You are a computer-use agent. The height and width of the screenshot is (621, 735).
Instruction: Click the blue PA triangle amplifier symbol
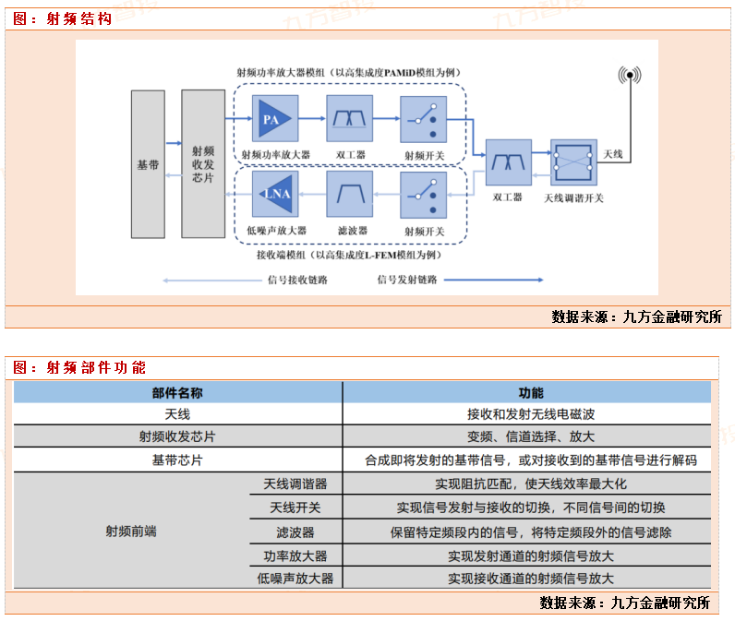click(273, 121)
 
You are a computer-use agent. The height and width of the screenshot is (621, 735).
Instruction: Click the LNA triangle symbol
click(274, 194)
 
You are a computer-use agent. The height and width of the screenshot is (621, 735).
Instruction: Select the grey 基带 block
click(148, 164)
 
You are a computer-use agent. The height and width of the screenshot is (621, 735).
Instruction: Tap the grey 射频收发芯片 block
click(203, 164)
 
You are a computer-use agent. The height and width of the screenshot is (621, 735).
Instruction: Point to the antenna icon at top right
click(630, 75)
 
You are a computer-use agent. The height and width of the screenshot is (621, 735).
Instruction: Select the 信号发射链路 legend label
click(407, 279)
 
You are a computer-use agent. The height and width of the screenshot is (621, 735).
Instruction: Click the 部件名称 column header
click(177, 392)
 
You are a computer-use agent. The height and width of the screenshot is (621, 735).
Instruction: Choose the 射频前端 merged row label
click(131, 531)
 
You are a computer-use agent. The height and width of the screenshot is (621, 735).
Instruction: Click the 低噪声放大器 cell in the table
click(295, 579)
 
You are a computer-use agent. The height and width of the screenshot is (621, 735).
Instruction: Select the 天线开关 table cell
click(295, 508)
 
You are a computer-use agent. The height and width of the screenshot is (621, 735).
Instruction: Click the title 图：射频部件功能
click(79, 367)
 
